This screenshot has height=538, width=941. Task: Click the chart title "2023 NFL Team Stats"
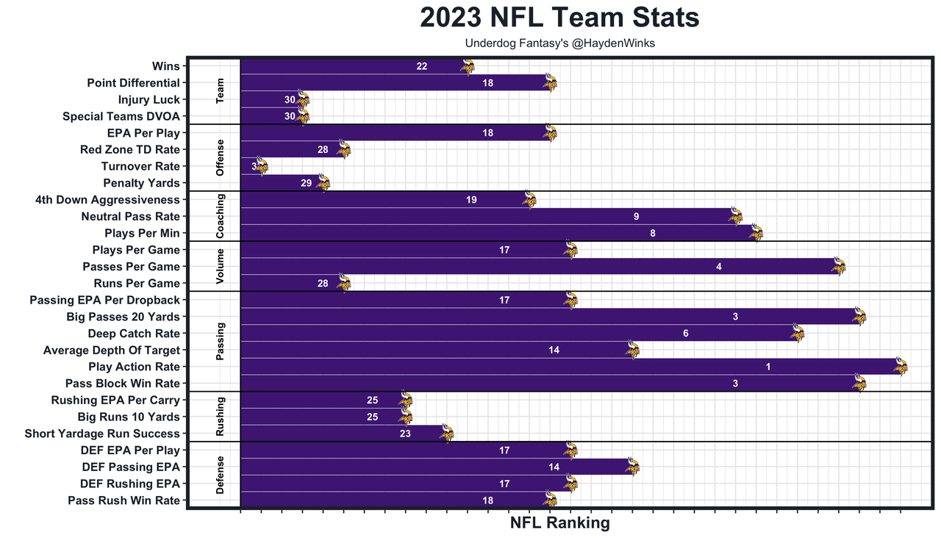[x=559, y=18]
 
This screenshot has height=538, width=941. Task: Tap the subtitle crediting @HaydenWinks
[x=559, y=43]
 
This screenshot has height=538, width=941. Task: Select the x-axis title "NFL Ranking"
[x=559, y=523]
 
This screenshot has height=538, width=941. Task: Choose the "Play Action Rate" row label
[x=134, y=367]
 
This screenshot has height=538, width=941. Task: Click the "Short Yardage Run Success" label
[x=102, y=434]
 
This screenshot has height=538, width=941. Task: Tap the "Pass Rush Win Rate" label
[x=124, y=501]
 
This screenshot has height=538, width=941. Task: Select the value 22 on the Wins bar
[x=422, y=66]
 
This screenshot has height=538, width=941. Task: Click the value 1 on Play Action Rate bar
[x=768, y=367]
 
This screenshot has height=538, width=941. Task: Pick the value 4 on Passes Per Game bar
[x=719, y=267]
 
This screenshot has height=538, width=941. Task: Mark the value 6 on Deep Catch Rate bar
[x=686, y=334]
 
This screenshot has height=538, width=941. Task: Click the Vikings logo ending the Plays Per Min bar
[x=756, y=233]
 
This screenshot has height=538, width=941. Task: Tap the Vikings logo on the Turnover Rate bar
[x=262, y=166]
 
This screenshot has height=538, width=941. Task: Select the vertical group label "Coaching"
[x=221, y=216]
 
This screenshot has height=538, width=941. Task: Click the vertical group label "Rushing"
[x=221, y=416]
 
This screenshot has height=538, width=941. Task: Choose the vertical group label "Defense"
[x=221, y=475]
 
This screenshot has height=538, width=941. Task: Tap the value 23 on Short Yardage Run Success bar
[x=405, y=434]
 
